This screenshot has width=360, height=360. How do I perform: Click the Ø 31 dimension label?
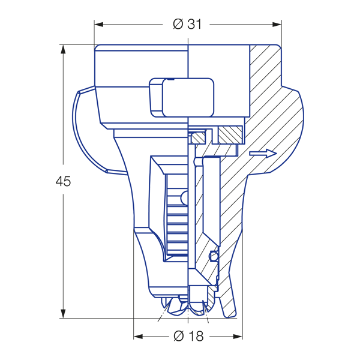(x=187, y=24)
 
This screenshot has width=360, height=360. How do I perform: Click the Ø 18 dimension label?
(x=188, y=337)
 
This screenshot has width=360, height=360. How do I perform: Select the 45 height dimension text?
(x=63, y=181)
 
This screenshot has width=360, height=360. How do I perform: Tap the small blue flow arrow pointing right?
(x=263, y=154)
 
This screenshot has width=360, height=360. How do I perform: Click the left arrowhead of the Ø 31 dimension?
(x=99, y=25)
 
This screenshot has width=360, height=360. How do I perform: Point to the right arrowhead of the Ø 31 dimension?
(x=277, y=25)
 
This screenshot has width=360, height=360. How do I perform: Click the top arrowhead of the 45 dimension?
(x=63, y=49)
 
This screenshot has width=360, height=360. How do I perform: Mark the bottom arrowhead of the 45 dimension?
(x=63, y=314)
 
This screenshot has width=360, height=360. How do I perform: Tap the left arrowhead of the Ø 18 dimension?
(x=138, y=337)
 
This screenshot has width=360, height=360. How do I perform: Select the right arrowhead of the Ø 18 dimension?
(x=238, y=337)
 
